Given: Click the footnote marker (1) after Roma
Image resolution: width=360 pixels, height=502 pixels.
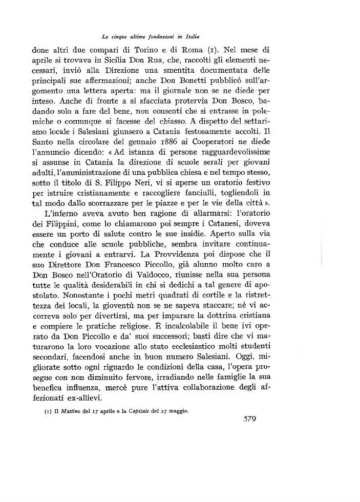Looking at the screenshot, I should click(x=210, y=51).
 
